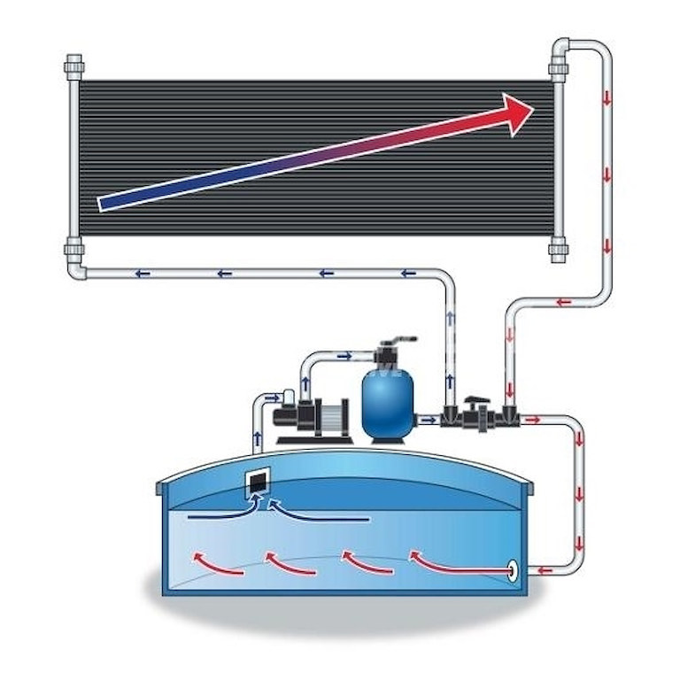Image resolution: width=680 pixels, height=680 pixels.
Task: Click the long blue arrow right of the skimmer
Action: (319, 514)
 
